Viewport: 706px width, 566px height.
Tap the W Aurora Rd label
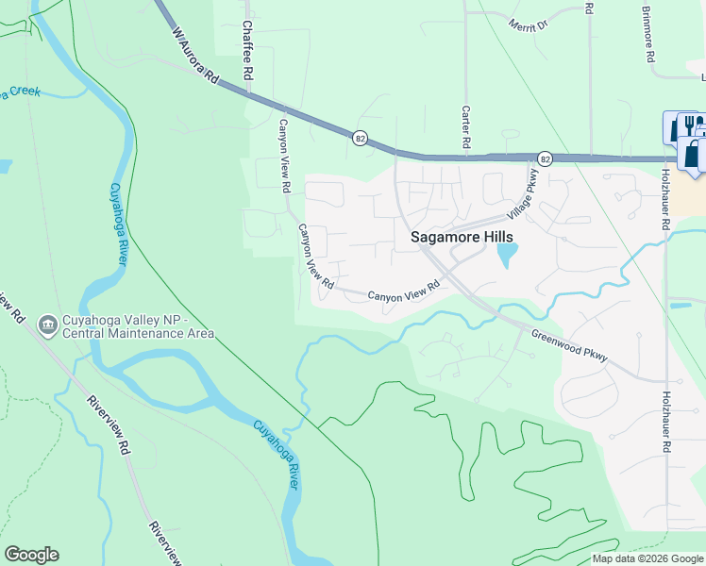click(x=193, y=57)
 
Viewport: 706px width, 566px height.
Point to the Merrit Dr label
click(x=528, y=24)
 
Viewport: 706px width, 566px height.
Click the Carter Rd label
click(x=465, y=126)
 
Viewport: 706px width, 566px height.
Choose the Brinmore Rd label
click(x=649, y=36)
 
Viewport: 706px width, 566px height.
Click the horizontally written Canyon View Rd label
click(x=404, y=292)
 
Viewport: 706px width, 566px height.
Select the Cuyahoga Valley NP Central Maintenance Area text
click(x=138, y=326)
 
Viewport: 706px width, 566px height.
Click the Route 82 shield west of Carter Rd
click(x=361, y=138)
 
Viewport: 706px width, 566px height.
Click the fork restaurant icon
click(x=692, y=126)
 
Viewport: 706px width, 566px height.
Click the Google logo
click(x=31, y=555)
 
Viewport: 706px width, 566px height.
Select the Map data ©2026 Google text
click(x=647, y=558)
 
